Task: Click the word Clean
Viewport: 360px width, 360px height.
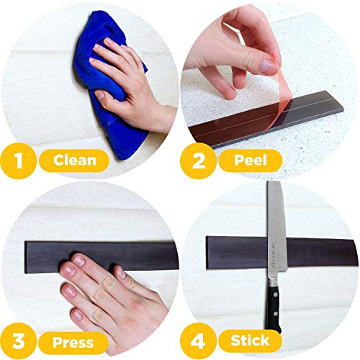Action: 75,160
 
